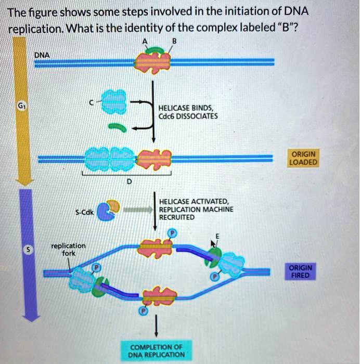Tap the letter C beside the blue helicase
coord(92,103)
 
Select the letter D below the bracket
coord(129,181)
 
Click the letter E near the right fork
coord(217,236)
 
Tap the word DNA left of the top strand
coord(42,54)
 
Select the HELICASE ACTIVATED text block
coord(196,210)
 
